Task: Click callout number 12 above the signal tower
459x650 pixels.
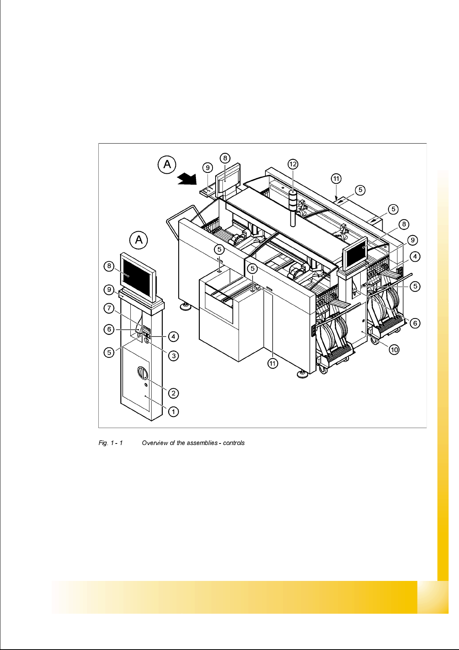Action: click(x=293, y=164)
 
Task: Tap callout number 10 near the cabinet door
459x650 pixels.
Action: click(x=394, y=350)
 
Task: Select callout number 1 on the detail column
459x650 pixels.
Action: click(x=174, y=411)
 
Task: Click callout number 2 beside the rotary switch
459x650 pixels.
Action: click(x=174, y=393)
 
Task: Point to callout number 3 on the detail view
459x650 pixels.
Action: click(x=174, y=355)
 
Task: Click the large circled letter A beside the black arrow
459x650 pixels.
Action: click(x=167, y=164)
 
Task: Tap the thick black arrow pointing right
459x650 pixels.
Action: click(x=187, y=179)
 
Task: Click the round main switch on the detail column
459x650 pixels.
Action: click(x=142, y=374)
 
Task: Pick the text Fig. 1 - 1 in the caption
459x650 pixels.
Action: click(x=111, y=443)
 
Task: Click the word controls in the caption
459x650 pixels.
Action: click(x=234, y=443)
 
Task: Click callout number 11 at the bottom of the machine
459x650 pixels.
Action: click(x=273, y=363)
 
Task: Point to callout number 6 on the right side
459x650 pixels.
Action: click(x=415, y=323)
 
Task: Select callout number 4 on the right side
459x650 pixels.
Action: click(x=415, y=256)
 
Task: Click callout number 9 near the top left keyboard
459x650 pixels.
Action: click(x=208, y=168)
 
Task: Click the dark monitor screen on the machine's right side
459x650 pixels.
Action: click(x=355, y=254)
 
